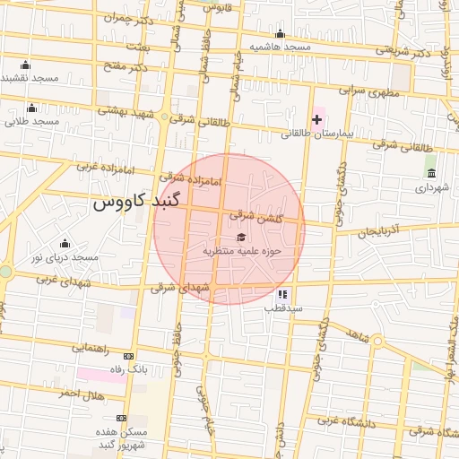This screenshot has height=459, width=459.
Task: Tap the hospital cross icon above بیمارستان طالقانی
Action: (x=316, y=119)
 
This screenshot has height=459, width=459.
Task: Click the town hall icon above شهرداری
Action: (x=431, y=173)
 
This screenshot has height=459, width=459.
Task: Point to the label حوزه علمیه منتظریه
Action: (x=241, y=251)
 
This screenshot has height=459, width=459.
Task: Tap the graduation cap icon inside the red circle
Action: (x=241, y=237)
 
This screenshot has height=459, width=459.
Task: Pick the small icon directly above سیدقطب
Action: (x=282, y=293)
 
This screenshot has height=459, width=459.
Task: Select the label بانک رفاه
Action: (x=126, y=368)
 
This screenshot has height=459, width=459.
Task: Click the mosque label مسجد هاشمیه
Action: (x=280, y=46)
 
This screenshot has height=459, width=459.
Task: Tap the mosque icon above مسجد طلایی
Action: (x=32, y=108)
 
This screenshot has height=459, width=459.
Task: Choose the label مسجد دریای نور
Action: (x=63, y=257)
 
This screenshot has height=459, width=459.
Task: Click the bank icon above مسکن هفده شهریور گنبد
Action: (x=121, y=418)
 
